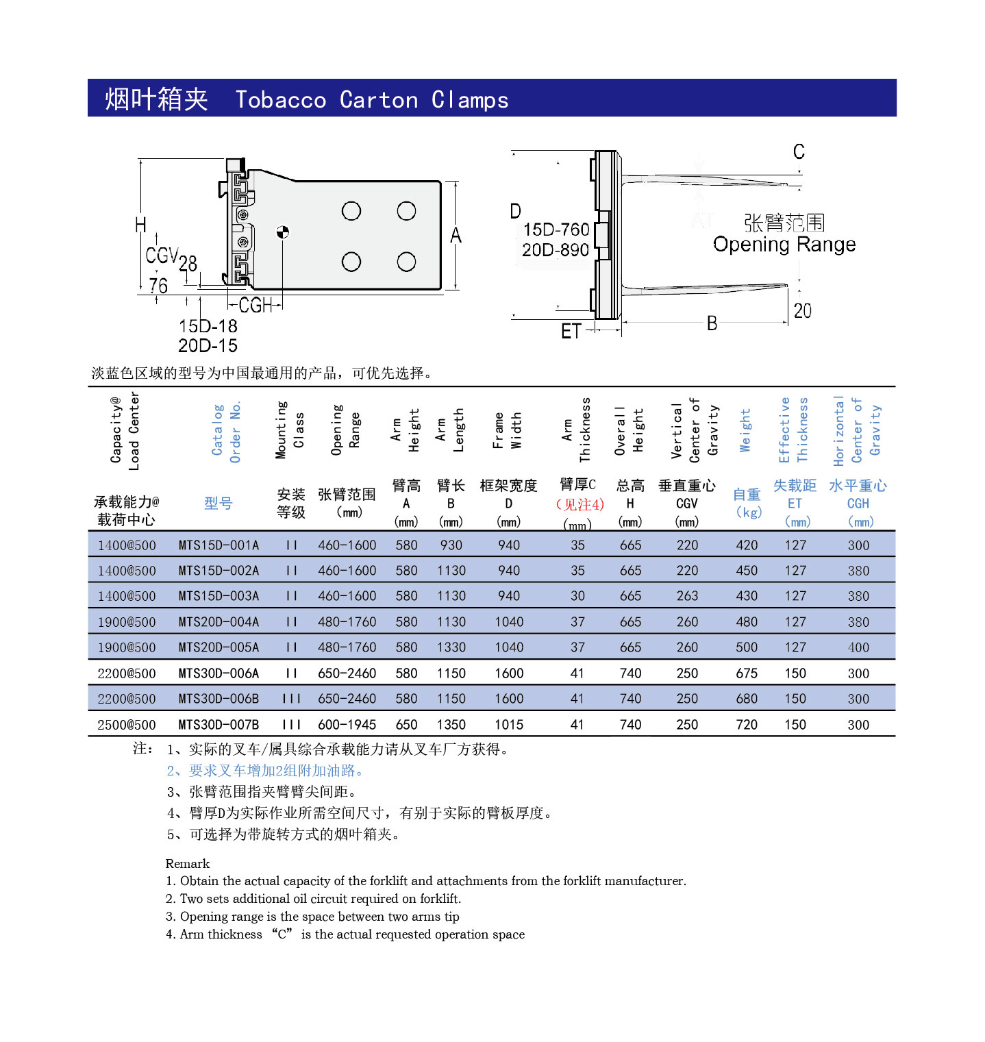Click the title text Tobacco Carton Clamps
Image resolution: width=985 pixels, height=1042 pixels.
(371, 100)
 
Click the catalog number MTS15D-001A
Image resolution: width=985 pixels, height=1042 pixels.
(219, 545)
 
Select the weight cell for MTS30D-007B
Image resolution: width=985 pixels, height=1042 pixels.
(746, 725)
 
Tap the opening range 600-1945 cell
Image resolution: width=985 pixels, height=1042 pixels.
(347, 725)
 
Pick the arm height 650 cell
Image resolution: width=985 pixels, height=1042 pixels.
(406, 725)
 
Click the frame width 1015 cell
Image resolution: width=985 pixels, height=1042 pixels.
(509, 725)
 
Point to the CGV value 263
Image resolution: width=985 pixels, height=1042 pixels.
(687, 596)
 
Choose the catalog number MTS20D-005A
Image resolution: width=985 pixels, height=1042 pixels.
(219, 647)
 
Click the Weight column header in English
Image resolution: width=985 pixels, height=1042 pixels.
(745, 430)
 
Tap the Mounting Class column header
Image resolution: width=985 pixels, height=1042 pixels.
(290, 430)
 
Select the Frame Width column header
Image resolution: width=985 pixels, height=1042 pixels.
(508, 430)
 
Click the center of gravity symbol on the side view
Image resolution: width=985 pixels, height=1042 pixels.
(282, 232)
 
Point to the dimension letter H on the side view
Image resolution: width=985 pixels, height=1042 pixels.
(140, 225)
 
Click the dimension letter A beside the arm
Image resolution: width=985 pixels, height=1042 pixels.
(456, 236)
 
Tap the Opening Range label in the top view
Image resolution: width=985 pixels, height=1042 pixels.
(784, 245)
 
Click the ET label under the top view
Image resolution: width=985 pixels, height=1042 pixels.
(571, 332)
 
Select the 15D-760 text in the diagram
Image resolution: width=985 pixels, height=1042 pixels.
(556, 230)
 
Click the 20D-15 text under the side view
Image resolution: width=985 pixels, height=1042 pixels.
(208, 346)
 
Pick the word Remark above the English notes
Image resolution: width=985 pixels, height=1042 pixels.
(188, 863)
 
